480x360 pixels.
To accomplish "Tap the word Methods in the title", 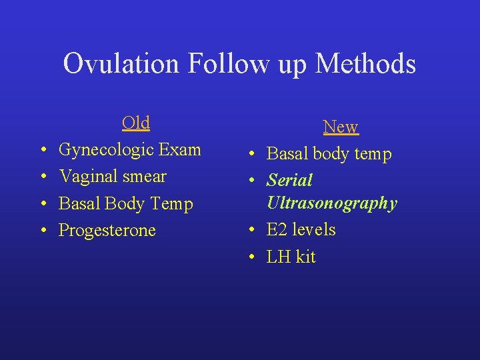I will (365, 65).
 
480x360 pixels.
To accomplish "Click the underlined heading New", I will (340, 127).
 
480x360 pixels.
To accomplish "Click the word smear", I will (141, 177).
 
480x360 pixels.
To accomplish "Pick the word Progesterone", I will (107, 231).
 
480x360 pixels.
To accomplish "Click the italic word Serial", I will (289, 181).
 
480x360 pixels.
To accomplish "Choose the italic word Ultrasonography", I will (331, 203).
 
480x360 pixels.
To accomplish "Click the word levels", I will (314, 230).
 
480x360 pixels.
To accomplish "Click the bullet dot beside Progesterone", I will (43, 231).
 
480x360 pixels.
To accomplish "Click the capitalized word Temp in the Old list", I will (171, 204).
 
